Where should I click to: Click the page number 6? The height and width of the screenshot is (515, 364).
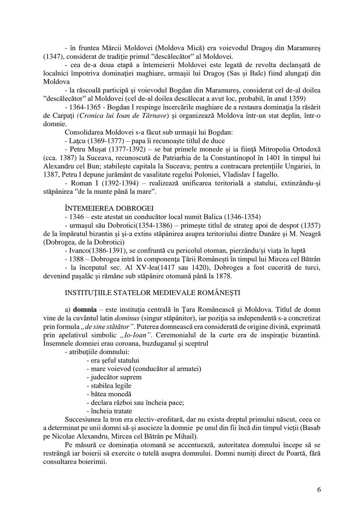318,490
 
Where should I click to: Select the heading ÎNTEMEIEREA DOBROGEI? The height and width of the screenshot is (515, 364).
109,208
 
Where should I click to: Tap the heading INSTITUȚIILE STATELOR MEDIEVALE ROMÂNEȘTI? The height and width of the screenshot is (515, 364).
152,292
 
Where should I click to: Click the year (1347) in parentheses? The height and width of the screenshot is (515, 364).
53,56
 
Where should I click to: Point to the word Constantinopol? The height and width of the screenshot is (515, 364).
282,158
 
